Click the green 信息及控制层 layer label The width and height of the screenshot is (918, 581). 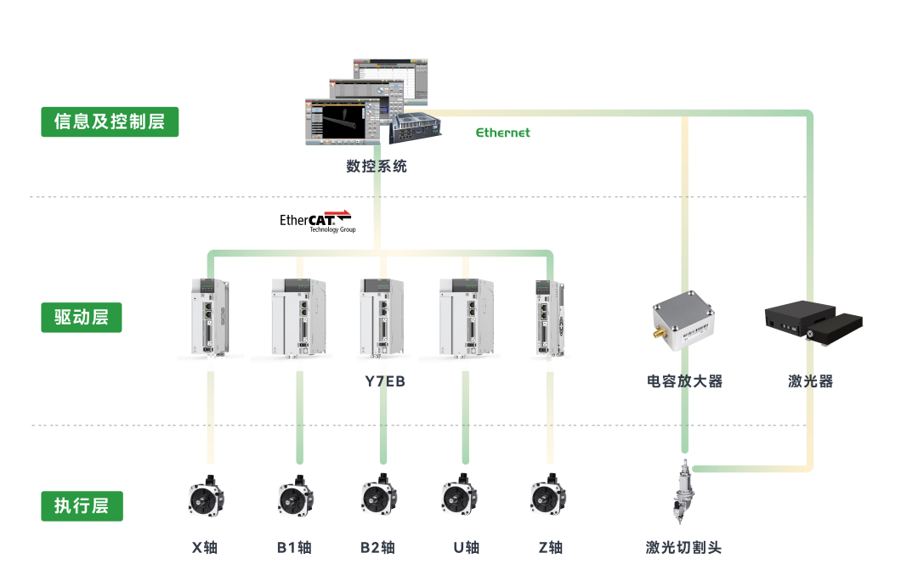(110, 121)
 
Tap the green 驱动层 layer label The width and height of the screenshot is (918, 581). (82, 317)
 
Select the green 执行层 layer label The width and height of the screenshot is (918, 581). (82, 505)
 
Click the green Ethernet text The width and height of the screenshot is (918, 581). (503, 133)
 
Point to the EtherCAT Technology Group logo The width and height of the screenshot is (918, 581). (317, 222)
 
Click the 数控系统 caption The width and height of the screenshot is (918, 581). (377, 166)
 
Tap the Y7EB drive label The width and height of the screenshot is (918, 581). (385, 381)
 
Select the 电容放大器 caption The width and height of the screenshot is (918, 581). (684, 381)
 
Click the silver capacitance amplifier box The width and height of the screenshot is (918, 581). (683, 319)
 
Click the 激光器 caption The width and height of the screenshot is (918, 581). (810, 381)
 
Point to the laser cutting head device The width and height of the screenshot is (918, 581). (682, 492)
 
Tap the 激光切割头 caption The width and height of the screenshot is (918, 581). (683, 548)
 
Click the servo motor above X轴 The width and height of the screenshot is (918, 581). (207, 497)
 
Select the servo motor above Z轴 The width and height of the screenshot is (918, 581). (548, 495)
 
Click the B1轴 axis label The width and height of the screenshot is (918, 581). (294, 548)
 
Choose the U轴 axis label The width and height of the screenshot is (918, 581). (467, 548)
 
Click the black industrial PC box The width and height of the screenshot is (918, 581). (416, 128)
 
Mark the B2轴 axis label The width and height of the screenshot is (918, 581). (377, 548)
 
